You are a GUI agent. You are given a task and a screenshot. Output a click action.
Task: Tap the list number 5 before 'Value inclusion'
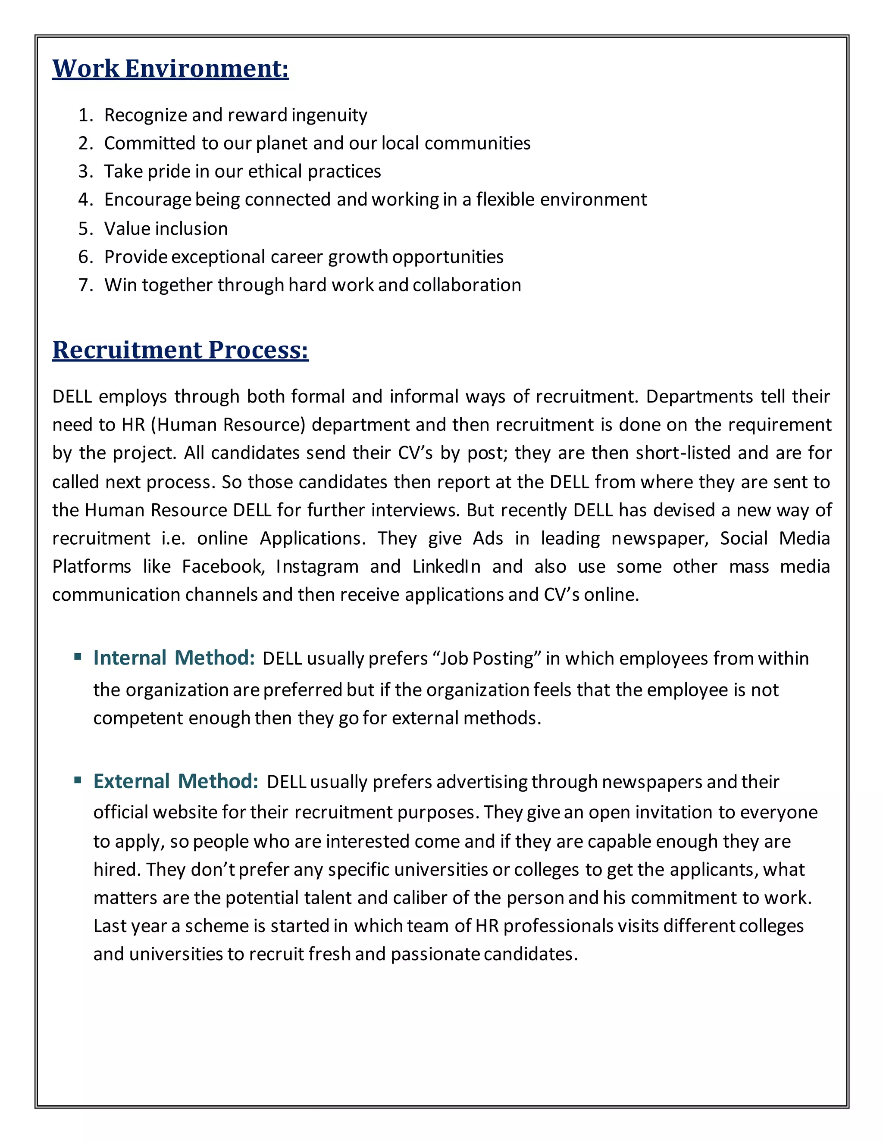point(85,228)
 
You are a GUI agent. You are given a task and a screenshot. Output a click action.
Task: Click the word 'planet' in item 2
point(282,143)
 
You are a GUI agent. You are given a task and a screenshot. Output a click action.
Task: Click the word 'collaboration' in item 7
point(467,285)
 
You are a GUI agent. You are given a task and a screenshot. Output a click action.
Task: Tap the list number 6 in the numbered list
point(85,257)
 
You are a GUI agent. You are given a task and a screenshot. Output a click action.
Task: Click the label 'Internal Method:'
point(174,658)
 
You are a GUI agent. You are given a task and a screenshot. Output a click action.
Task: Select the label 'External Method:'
point(176,781)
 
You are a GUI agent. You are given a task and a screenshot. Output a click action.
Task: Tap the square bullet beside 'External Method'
point(78,780)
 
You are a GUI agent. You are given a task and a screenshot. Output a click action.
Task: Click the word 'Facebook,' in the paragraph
point(223,566)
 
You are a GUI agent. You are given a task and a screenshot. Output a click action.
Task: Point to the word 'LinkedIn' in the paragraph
point(446,566)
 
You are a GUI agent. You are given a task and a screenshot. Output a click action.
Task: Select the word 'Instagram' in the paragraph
point(317,566)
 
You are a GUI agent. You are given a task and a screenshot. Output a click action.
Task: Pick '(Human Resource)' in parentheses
point(228,424)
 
